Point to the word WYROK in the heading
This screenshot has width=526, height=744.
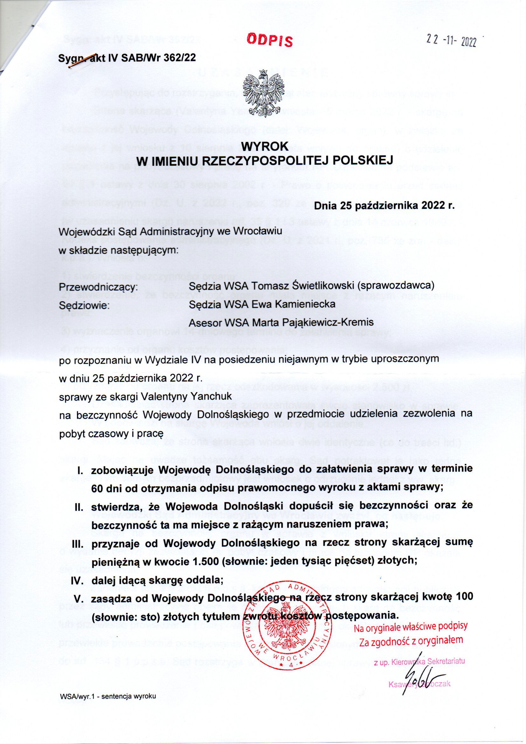point(265,146)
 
